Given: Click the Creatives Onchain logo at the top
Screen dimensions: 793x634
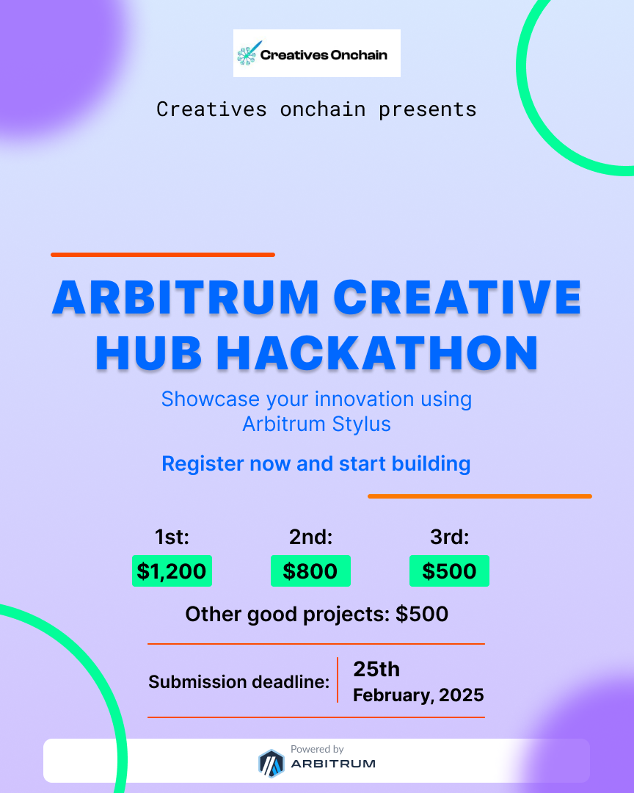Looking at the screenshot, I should [316, 54].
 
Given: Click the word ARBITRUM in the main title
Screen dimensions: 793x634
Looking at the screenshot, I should [186, 297].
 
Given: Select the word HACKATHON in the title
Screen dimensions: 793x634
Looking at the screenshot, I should [378, 352].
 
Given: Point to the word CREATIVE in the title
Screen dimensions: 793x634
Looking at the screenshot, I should [457, 297].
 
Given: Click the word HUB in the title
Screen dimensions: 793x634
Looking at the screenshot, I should [150, 352].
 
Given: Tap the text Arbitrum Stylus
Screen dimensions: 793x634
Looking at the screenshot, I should [316, 424].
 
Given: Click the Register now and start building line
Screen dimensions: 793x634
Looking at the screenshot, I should [316, 464].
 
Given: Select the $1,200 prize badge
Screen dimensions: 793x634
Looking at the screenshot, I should [172, 571].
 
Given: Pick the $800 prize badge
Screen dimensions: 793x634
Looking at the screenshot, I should [310, 571].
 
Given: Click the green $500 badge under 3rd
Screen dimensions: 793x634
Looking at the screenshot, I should [449, 571].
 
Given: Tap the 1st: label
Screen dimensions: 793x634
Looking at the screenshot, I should [172, 537].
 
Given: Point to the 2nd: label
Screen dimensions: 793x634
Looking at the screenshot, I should [311, 537].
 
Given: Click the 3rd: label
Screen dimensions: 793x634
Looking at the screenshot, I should [449, 537].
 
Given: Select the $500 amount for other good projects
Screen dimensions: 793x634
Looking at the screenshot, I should [422, 614].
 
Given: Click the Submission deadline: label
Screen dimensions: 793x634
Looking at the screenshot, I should [239, 682].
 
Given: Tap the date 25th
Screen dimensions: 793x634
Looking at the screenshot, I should [376, 669].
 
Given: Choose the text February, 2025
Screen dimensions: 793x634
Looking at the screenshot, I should [418, 695].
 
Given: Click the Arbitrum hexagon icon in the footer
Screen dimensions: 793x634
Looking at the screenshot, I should [271, 764].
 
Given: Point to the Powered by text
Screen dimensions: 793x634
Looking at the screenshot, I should [317, 749].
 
